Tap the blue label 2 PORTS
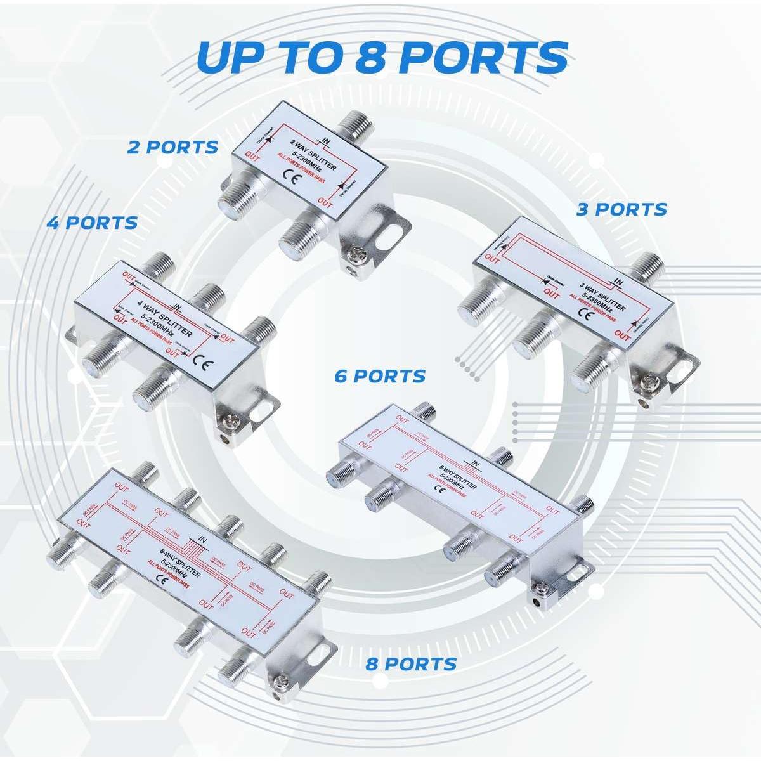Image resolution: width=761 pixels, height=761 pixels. pyautogui.click(x=172, y=148)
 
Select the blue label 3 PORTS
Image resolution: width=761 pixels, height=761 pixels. pyautogui.click(x=621, y=209)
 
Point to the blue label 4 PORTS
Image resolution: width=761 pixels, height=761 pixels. pyautogui.click(x=92, y=223)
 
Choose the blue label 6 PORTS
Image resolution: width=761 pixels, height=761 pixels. pyautogui.click(x=380, y=376)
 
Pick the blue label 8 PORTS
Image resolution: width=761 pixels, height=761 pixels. pyautogui.click(x=411, y=664)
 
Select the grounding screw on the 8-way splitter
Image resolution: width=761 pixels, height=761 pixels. pyautogui.click(x=278, y=681)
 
